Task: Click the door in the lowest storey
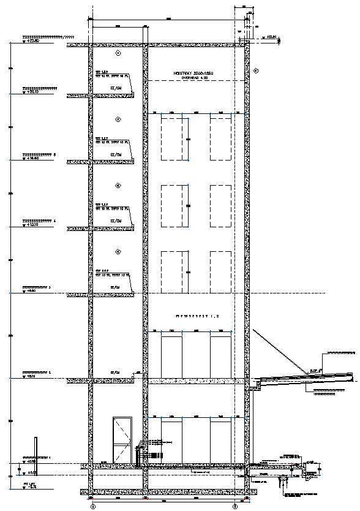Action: [122, 441]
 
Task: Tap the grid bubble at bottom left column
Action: [92, 507]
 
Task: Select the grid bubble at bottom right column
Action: [235, 507]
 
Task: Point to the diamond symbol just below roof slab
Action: [119, 54]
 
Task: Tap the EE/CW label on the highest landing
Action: [116, 88]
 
